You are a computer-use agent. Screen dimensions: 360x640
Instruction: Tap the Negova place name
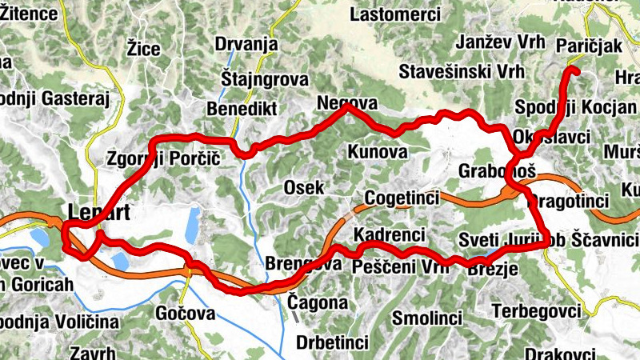click(x=346, y=103)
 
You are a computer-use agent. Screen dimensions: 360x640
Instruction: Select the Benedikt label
click(x=241, y=108)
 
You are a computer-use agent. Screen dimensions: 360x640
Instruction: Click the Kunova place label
click(x=378, y=151)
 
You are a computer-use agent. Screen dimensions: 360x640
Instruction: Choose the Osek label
click(x=304, y=187)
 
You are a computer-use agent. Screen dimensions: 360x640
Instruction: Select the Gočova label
click(x=186, y=314)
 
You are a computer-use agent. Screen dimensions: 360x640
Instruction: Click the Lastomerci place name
click(x=395, y=14)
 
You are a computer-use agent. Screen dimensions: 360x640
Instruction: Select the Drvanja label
click(x=246, y=44)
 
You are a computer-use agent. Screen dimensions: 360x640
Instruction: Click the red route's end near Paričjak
click(x=572, y=70)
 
